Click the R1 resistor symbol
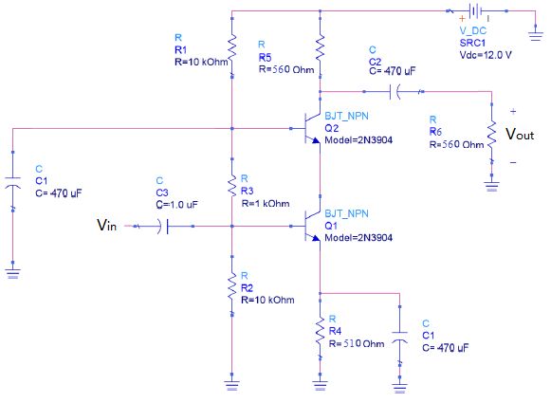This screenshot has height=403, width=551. (231, 44)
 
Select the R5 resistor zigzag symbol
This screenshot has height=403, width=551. (321, 45)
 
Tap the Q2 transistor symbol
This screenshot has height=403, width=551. (309, 128)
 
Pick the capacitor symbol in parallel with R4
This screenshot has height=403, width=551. (400, 337)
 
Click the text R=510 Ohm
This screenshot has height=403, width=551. (358, 343)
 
